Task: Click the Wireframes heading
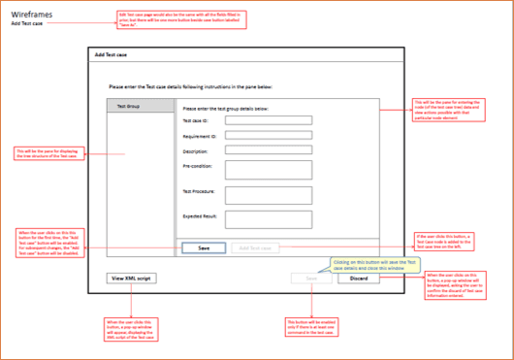pyautogui.click(x=31, y=13)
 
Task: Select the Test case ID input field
pyautogui.click(x=267, y=121)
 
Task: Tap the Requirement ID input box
pyautogui.click(x=267, y=136)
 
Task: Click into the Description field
pyautogui.click(x=267, y=150)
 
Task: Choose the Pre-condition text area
pyautogui.click(x=267, y=170)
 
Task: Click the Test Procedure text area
pyautogui.click(x=267, y=194)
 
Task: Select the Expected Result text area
pyautogui.click(x=267, y=219)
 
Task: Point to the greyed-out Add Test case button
pyautogui.click(x=254, y=248)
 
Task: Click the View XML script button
pyautogui.click(x=131, y=278)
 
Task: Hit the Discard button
pyautogui.click(x=359, y=278)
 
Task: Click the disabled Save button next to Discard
pyautogui.click(x=311, y=278)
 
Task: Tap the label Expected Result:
pyautogui.click(x=200, y=214)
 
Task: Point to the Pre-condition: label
pyautogui.click(x=197, y=166)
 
